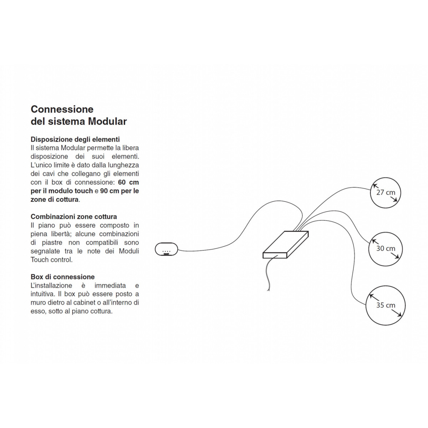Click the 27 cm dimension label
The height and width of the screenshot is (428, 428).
[386, 192]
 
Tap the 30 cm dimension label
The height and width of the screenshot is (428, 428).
[386, 248]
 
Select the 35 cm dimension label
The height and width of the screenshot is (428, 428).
[386, 305]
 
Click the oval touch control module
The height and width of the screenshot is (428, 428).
[166, 249]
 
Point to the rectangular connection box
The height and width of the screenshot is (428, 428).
[285, 245]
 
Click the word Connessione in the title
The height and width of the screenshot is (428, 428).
[62, 109]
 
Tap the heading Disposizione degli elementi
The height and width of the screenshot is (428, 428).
[75, 139]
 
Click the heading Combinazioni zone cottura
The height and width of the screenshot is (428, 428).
[74, 216]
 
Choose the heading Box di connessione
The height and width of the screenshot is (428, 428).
[63, 277]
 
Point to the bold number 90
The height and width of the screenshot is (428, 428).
[104, 191]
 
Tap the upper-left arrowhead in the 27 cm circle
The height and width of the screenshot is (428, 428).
[374, 185]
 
